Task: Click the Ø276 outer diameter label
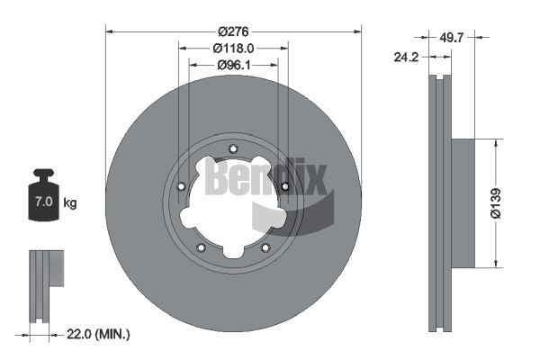(x=233, y=31)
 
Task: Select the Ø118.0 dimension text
(x=233, y=49)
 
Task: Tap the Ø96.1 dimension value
(x=233, y=65)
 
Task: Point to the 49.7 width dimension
(x=452, y=37)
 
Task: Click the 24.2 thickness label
(x=406, y=57)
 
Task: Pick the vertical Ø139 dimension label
(x=496, y=203)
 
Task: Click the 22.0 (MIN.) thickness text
(x=98, y=334)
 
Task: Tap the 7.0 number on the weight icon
(x=44, y=202)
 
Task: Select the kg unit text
(x=70, y=202)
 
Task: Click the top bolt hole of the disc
(x=233, y=148)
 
